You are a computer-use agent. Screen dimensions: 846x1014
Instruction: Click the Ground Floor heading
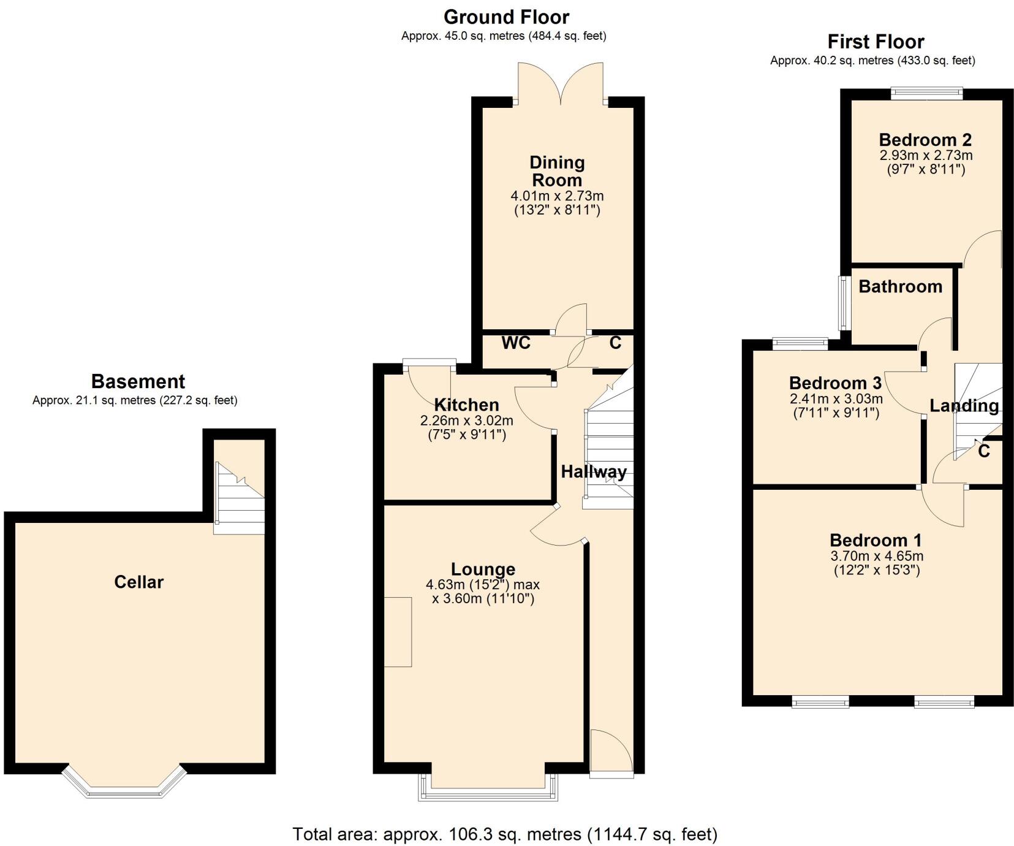(506, 17)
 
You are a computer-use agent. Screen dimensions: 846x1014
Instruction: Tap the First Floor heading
(876, 42)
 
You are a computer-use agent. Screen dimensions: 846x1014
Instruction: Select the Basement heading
(138, 381)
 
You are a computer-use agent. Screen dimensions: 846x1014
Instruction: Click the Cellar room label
(139, 582)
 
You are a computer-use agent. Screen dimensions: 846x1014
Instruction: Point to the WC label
(516, 343)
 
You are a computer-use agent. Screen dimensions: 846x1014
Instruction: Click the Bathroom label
(900, 286)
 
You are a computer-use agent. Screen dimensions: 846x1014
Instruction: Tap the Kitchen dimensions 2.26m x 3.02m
(466, 421)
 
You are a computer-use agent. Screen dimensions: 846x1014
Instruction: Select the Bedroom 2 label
(925, 140)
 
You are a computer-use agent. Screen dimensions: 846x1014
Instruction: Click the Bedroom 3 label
(835, 383)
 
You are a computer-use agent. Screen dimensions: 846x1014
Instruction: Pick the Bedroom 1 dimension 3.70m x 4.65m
(876, 557)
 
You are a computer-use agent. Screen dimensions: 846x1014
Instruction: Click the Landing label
(964, 406)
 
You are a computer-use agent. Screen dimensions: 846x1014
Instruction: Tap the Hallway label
(594, 471)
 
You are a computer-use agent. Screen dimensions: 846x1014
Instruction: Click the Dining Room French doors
(560, 83)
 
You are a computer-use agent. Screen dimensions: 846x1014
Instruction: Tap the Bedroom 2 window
(926, 93)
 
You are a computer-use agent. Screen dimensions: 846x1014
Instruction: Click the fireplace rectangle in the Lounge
(398, 631)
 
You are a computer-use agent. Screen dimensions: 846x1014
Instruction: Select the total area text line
(505, 834)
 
